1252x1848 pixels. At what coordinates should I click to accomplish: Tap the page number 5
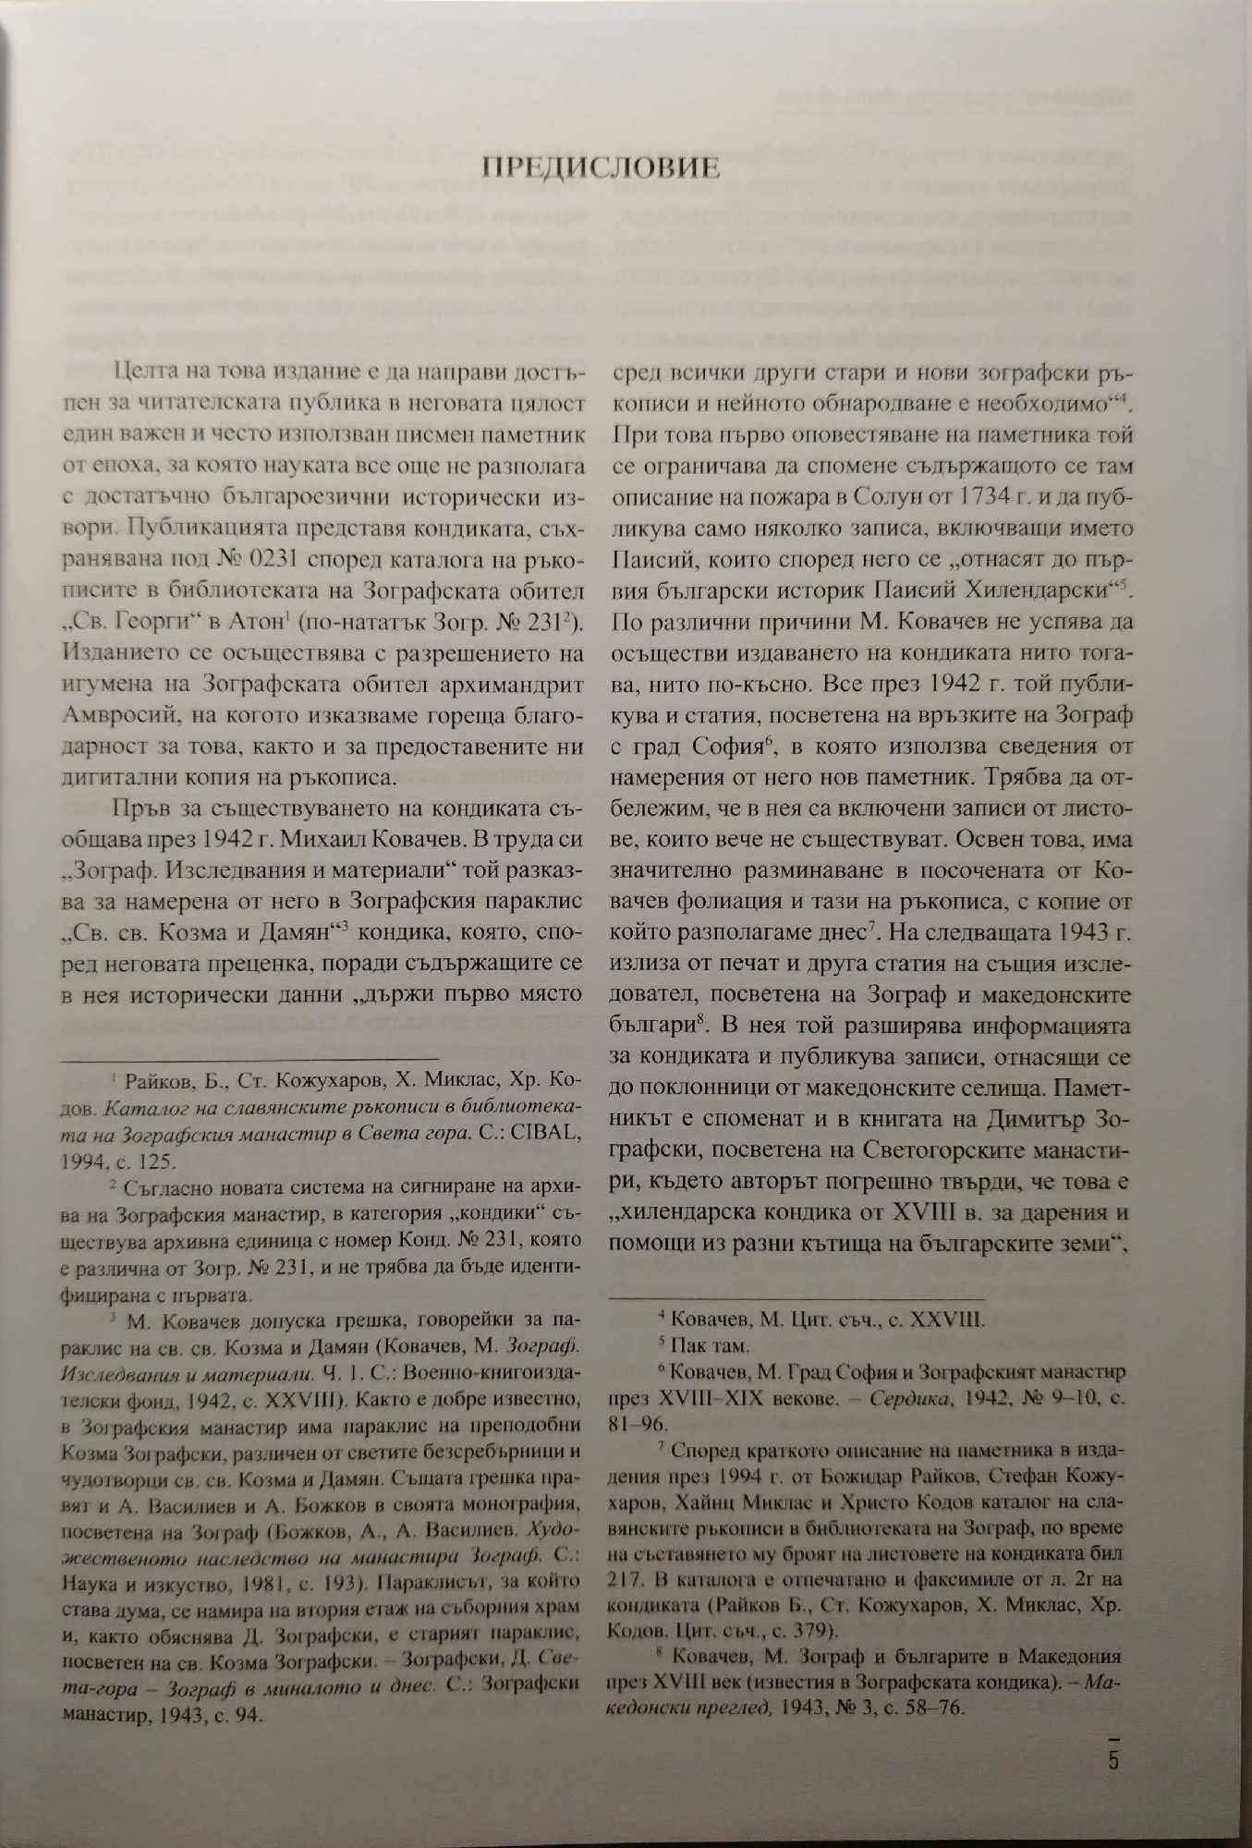tap(1113, 1758)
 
